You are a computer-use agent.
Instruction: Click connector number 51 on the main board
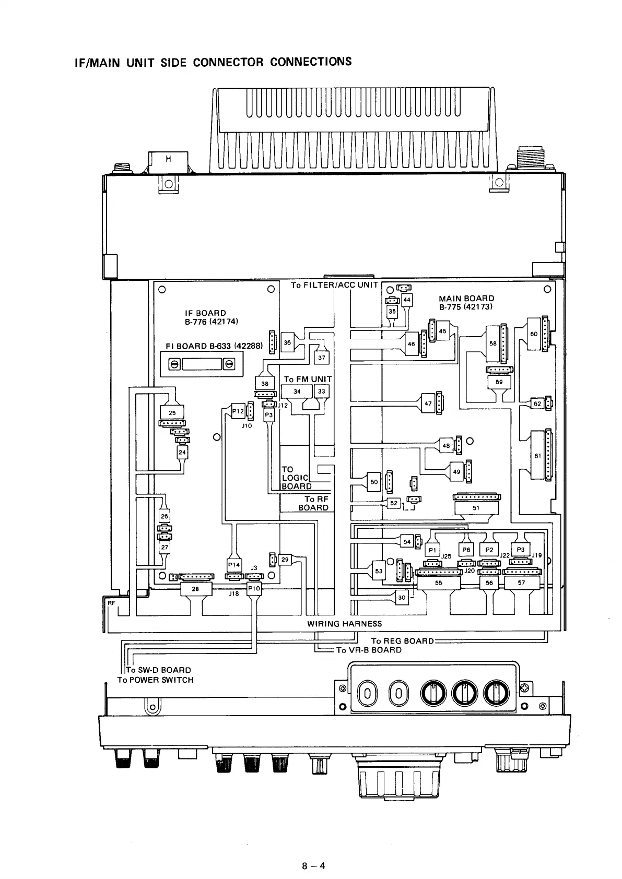click(476, 508)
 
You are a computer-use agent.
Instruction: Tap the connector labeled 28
click(195, 589)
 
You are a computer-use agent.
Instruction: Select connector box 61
click(537, 456)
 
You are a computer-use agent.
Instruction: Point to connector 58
click(492, 344)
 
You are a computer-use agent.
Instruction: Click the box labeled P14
click(233, 565)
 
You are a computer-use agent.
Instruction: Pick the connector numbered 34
click(297, 391)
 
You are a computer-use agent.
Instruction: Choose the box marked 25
click(172, 413)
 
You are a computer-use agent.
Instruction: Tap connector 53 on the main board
click(379, 571)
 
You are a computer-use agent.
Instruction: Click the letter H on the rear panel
click(168, 159)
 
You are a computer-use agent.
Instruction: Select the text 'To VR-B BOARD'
click(369, 650)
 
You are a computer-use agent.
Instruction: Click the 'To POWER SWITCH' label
click(155, 680)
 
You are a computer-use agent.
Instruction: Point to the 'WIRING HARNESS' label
click(344, 624)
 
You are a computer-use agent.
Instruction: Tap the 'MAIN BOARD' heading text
click(466, 299)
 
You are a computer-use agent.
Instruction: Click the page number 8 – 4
click(313, 866)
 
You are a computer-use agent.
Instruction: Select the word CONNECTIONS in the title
click(311, 62)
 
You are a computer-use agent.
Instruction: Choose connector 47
click(428, 403)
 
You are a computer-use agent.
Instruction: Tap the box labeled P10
click(254, 588)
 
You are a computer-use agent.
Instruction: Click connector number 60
click(534, 334)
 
